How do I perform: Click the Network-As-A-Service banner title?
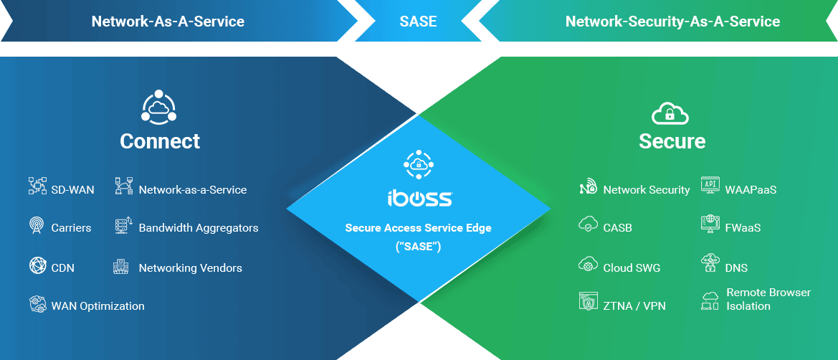[x=168, y=22]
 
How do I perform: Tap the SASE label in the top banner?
[x=418, y=22]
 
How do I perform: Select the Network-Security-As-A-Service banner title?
[x=672, y=22]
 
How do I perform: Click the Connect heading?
[x=160, y=141]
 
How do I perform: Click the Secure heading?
[x=672, y=141]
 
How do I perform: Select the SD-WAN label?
[x=72, y=190]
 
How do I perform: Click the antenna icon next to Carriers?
[x=37, y=227]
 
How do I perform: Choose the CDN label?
[x=62, y=268]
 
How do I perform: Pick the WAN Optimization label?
[x=97, y=306]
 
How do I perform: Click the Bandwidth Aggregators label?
[x=199, y=228]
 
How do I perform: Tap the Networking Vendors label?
[x=190, y=268]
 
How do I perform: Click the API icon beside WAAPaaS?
[x=710, y=186]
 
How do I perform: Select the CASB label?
[x=617, y=228]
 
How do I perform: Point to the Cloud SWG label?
[x=632, y=268]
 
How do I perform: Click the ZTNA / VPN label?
[x=634, y=306]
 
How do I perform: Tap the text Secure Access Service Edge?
[x=419, y=229]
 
